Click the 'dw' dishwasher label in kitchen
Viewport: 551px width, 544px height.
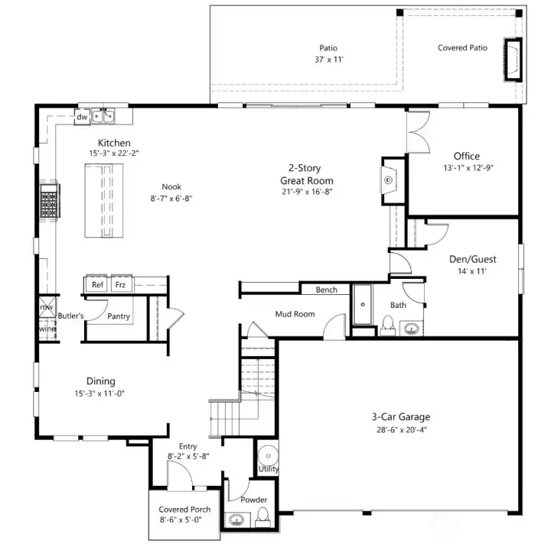point(81,117)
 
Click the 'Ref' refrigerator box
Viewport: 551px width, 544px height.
point(97,284)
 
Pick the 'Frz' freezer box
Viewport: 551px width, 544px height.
point(120,284)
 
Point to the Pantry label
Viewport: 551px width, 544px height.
point(119,316)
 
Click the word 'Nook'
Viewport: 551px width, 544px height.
point(171,186)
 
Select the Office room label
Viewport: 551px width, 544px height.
point(466,157)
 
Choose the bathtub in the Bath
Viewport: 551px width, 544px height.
point(361,304)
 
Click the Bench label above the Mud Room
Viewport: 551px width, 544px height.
point(327,290)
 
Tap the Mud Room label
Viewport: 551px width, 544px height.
point(295,313)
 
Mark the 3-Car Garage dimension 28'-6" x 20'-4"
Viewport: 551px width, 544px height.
point(400,430)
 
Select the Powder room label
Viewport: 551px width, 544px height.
point(253,500)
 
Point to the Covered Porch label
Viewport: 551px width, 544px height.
point(184,510)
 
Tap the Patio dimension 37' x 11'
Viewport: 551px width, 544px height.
point(328,60)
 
